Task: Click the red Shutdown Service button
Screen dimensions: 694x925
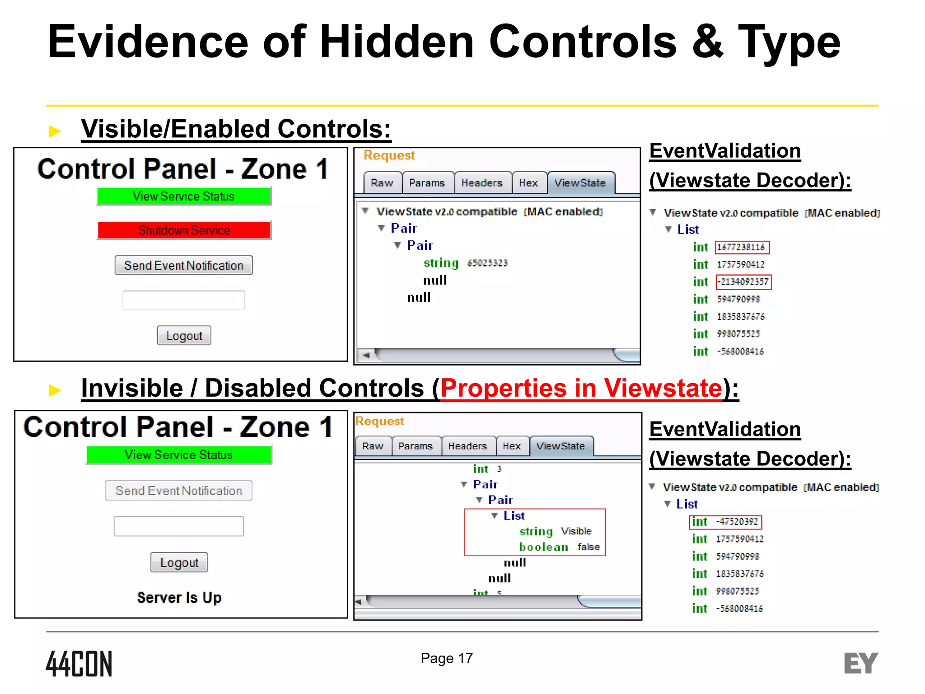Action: tap(184, 230)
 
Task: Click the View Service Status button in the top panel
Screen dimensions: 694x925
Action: tap(183, 196)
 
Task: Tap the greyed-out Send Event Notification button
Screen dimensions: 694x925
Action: tap(179, 491)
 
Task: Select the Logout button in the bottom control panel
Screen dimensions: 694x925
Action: tap(179, 563)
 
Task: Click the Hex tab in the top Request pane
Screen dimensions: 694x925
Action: tap(528, 183)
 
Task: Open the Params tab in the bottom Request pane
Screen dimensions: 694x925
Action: tap(416, 446)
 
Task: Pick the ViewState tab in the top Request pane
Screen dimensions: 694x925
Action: tap(580, 183)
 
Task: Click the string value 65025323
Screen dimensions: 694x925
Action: tap(487, 263)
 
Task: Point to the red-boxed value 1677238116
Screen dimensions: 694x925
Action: tap(742, 248)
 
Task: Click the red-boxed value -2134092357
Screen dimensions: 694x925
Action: tap(744, 282)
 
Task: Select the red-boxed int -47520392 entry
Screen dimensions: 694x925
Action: tap(726, 522)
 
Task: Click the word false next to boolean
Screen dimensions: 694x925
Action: tap(589, 547)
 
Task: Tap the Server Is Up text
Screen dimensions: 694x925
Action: tap(179, 597)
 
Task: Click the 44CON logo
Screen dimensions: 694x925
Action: tap(79, 664)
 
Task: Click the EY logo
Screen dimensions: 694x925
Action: tap(860, 663)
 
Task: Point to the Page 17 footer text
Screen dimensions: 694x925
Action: tap(446, 658)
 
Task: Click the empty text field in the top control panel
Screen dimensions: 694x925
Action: tap(183, 300)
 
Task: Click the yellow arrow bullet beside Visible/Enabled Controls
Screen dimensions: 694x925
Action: tap(55, 131)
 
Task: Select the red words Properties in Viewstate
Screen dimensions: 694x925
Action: tap(581, 388)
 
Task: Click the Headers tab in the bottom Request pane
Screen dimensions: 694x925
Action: tap(467, 446)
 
